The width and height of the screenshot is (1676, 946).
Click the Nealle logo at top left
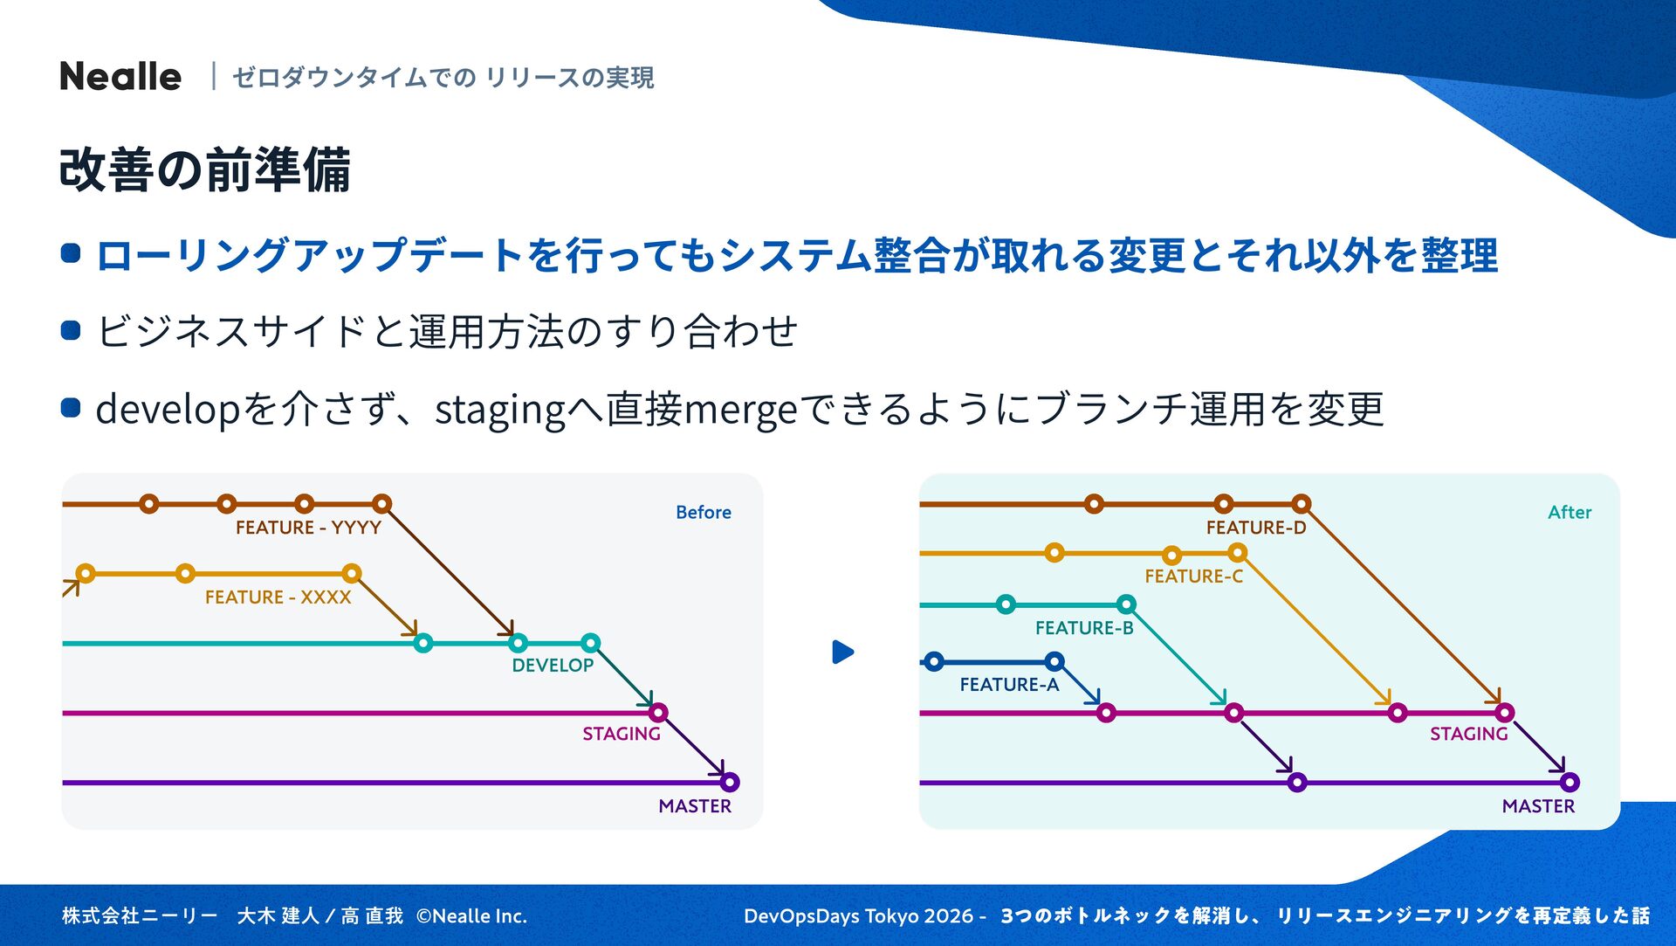120,77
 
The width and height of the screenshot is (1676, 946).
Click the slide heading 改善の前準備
205,169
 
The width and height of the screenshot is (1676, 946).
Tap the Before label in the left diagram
703,513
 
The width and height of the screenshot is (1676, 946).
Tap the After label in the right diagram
1569,513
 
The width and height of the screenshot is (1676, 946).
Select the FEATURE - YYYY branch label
308,528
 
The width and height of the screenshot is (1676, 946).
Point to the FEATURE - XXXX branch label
278,597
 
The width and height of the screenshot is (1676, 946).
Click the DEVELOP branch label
553,666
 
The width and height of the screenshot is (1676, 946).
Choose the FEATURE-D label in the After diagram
1255,528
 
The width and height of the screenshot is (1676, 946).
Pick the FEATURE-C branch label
1193,577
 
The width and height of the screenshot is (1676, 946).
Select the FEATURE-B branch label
1084,628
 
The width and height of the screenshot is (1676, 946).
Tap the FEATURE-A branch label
1009,685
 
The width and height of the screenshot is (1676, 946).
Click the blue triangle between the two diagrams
842,653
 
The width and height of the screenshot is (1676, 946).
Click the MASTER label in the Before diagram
695,806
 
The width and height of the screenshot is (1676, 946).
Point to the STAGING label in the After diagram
1468,734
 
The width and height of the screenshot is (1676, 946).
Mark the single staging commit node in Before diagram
658,713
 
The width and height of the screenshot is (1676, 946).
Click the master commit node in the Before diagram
730,782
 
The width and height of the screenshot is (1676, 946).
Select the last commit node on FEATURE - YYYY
381,504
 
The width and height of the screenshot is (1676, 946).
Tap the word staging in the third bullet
500,410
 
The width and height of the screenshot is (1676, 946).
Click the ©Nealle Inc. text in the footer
471,916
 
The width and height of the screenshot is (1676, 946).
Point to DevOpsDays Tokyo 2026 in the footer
859,916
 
